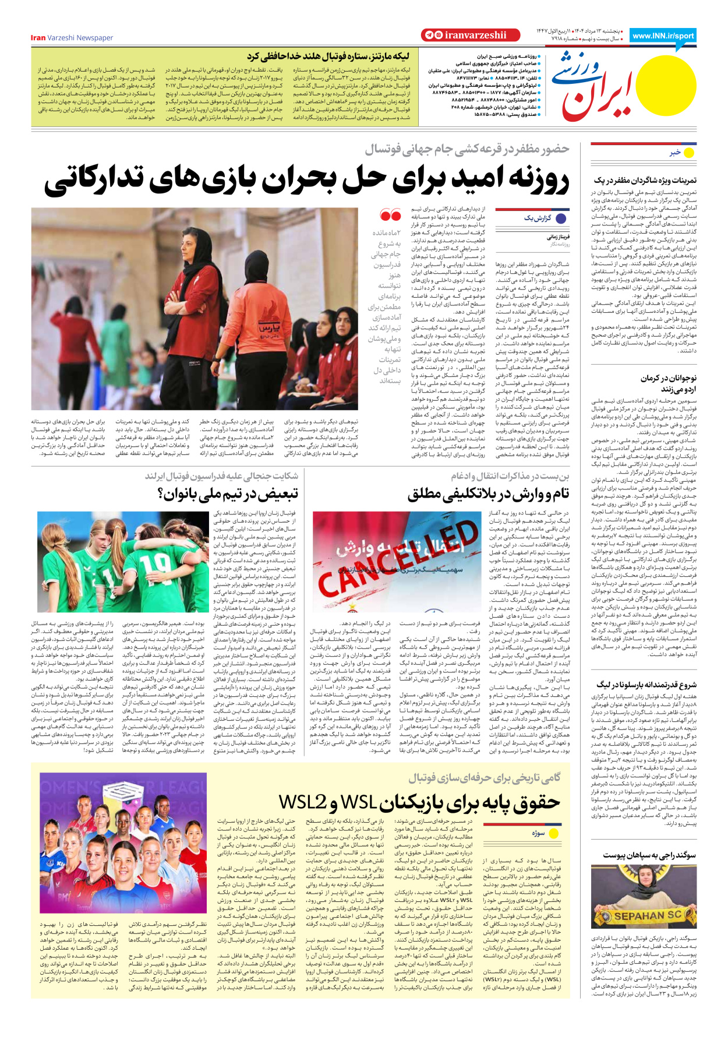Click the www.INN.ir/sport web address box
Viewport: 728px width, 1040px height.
[x=663, y=36]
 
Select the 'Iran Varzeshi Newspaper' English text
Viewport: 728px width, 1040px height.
[x=72, y=38]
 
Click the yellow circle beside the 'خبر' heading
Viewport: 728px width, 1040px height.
[x=689, y=153]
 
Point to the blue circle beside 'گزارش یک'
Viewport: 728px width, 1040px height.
[x=561, y=218]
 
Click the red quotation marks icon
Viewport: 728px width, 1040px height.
[x=390, y=215]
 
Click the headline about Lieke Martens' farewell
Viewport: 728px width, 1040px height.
[x=327, y=57]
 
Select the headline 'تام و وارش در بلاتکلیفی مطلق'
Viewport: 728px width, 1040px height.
[x=488, y=494]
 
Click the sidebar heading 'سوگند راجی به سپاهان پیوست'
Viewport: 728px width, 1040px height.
[x=649, y=855]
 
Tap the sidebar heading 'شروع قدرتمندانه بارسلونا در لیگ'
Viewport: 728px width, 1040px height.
[x=646, y=685]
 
